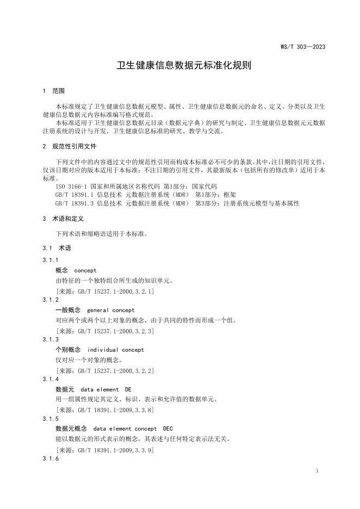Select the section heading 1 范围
53,91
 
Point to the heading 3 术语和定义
63,219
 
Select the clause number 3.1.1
51,260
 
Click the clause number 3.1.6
51,459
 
